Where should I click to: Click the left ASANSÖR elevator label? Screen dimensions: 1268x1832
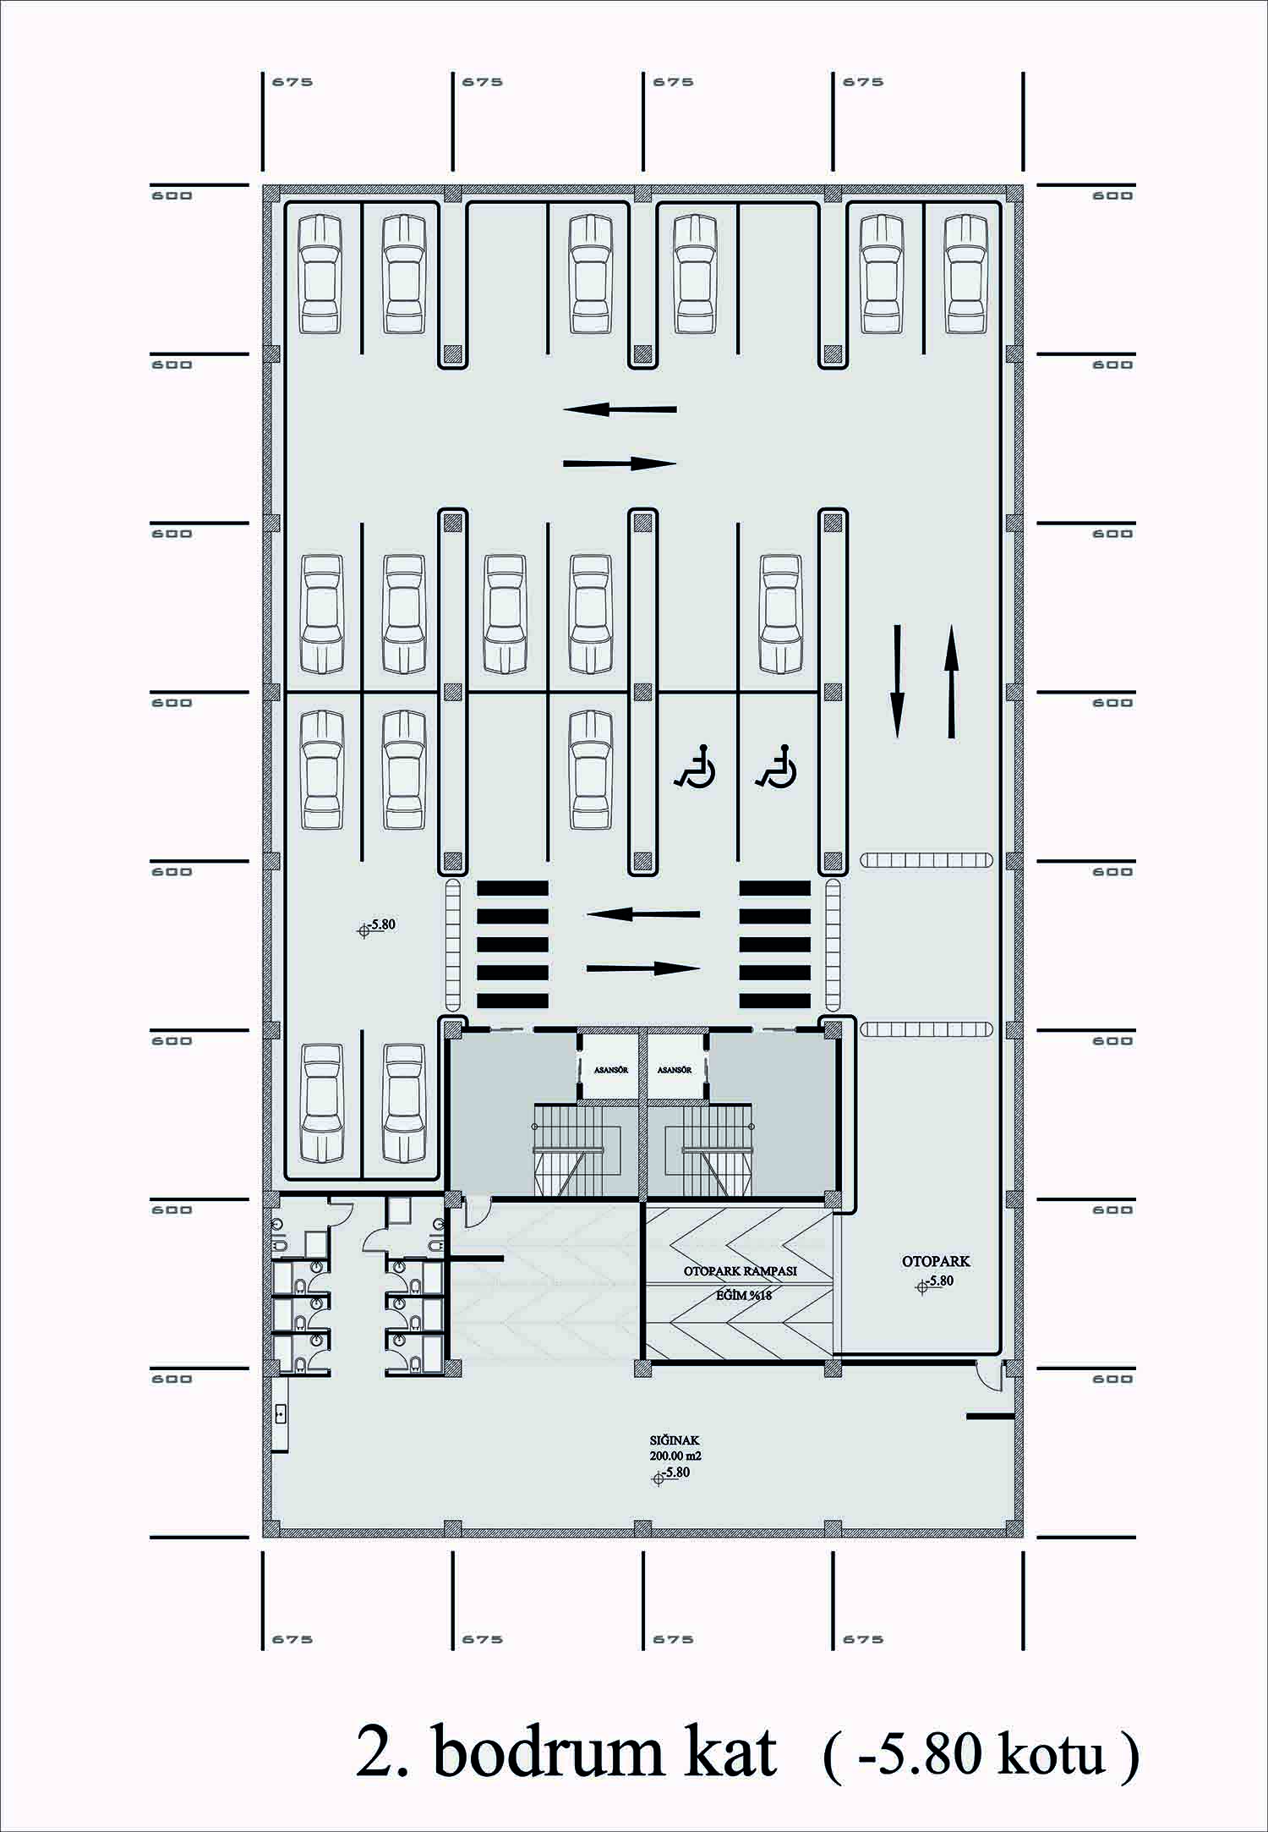(610, 1070)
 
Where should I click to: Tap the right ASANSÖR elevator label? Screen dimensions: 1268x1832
(675, 1070)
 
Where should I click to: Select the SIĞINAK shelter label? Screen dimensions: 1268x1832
(674, 1440)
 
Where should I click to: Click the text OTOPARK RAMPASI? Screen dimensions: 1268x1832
(741, 1270)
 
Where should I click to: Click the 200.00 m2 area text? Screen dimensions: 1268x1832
(675, 1456)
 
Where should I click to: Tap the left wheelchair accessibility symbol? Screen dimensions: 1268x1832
(695, 766)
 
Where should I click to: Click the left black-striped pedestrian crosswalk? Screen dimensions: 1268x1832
(512, 944)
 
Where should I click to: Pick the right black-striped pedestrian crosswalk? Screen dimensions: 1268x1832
(775, 944)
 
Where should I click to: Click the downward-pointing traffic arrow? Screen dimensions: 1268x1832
(897, 682)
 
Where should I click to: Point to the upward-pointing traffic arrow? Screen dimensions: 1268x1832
(951, 682)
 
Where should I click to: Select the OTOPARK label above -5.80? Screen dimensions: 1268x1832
(936, 1261)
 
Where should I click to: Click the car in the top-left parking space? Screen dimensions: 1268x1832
(321, 273)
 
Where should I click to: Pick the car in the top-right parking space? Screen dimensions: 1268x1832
(966, 273)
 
